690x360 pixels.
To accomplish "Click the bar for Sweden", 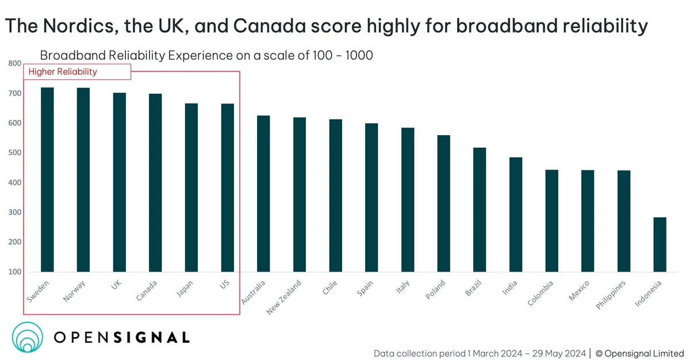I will tap(47, 179).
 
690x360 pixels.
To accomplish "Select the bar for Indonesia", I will tap(660, 244).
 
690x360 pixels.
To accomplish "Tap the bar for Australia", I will tap(263, 194).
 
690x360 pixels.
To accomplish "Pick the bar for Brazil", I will tap(480, 210).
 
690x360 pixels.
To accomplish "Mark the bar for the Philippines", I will tap(624, 221).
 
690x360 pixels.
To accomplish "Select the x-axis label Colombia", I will tap(540, 293).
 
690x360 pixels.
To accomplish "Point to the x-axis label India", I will tap(509, 287).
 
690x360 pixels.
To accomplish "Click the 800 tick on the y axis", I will tap(14, 64).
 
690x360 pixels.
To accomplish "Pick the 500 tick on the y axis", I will tap(14, 153).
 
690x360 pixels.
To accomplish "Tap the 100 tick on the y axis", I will tap(14, 272).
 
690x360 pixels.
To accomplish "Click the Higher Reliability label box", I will tap(77, 72).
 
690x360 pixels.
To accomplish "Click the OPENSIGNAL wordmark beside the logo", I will tap(121, 338).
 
